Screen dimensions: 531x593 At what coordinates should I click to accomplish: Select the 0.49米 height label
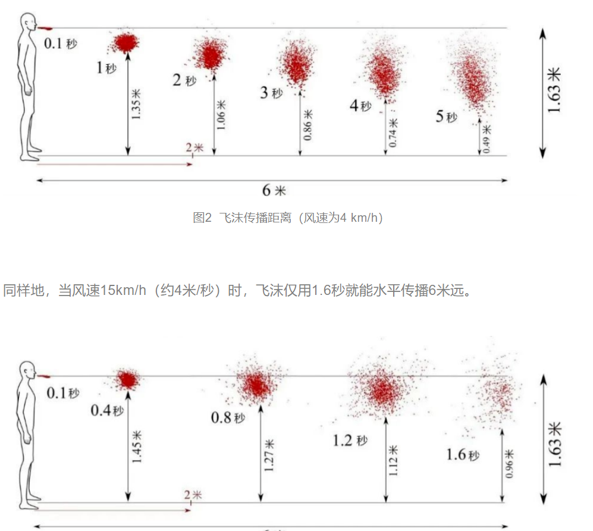click(x=487, y=139)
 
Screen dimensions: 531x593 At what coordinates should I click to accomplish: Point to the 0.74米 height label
click(x=393, y=134)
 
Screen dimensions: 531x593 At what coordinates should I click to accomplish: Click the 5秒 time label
click(x=446, y=116)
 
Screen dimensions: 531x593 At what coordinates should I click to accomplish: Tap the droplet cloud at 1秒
click(x=125, y=43)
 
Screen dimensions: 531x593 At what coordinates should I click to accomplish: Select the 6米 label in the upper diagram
click(x=274, y=190)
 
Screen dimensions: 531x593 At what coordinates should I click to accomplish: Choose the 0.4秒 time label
click(x=107, y=410)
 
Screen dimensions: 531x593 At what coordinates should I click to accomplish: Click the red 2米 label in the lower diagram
click(x=192, y=495)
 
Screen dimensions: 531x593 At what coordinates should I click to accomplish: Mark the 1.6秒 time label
click(x=463, y=455)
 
